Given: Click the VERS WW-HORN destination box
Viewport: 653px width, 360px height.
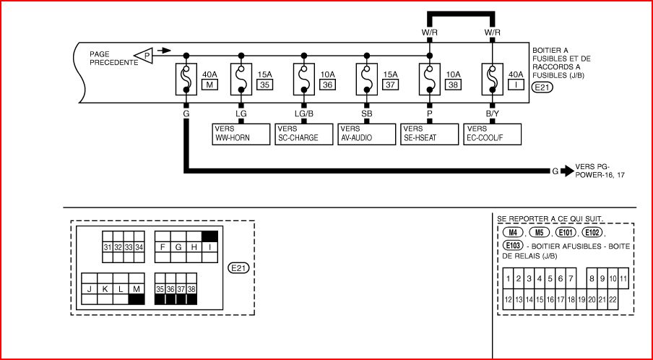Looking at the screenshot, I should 240,133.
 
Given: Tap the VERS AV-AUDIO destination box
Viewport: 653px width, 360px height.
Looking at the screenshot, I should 366,133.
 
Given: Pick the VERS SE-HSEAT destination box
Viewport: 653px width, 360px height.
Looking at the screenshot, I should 429,133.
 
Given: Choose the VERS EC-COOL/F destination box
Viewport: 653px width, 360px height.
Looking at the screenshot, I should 493,133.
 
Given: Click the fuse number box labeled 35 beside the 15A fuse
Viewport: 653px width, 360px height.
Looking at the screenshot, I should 264,85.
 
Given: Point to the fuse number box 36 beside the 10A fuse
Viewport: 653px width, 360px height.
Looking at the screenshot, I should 327,85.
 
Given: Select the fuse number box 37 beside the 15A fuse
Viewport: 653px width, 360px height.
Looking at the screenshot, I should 390,85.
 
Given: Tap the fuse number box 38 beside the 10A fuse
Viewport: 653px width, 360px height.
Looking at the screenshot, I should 454,85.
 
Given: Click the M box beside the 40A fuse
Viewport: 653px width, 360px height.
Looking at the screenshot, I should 210,85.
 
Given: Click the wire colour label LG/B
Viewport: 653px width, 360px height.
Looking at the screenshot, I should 303,113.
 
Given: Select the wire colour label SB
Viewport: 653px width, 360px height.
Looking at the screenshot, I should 367,113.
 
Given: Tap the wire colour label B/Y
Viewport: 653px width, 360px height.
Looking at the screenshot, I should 493,113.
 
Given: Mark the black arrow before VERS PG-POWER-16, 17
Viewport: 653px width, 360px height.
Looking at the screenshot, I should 568,171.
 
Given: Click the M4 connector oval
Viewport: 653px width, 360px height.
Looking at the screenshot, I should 512,233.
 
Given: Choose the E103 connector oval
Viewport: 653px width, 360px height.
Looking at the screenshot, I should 512,246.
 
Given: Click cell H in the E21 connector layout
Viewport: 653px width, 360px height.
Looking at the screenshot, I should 193,248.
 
